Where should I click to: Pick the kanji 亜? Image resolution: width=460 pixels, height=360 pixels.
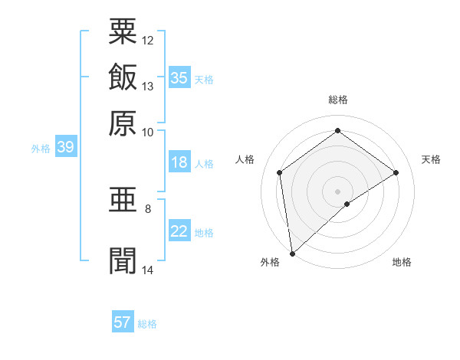(x=123, y=202)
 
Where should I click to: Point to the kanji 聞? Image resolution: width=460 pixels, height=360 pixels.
(x=123, y=259)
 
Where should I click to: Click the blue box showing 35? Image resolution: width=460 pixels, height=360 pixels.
(x=179, y=77)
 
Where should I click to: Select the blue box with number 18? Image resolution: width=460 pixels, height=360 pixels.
(x=179, y=162)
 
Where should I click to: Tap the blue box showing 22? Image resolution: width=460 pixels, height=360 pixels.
(x=179, y=231)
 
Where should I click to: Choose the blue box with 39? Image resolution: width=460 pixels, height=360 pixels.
(x=65, y=148)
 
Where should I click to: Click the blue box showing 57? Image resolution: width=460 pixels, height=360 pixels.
(x=123, y=322)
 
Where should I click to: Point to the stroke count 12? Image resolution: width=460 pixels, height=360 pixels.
(x=148, y=40)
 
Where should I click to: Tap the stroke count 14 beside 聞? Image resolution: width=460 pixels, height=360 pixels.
(x=148, y=269)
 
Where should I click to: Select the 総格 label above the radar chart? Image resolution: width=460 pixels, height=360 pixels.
(x=337, y=100)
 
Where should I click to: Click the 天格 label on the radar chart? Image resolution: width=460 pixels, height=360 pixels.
(x=432, y=159)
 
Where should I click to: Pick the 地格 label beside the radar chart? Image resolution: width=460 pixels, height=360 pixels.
(x=402, y=262)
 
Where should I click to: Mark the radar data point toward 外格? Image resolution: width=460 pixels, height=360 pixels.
(x=291, y=253)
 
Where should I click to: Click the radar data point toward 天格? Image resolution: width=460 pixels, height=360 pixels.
(x=396, y=172)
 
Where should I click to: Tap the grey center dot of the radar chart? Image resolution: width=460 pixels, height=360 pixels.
(x=337, y=191)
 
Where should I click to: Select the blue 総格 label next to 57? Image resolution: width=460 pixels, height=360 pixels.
(x=147, y=324)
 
